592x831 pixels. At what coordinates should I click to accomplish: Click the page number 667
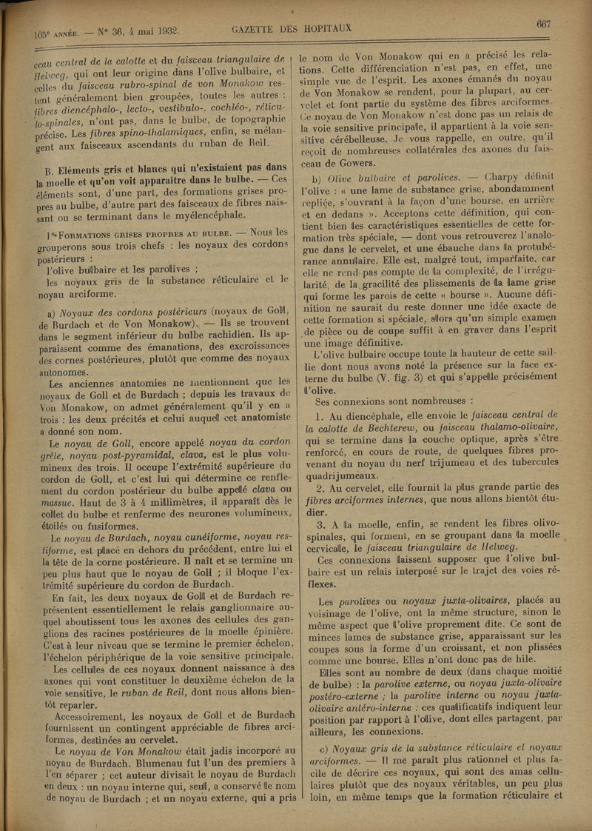click(543, 24)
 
